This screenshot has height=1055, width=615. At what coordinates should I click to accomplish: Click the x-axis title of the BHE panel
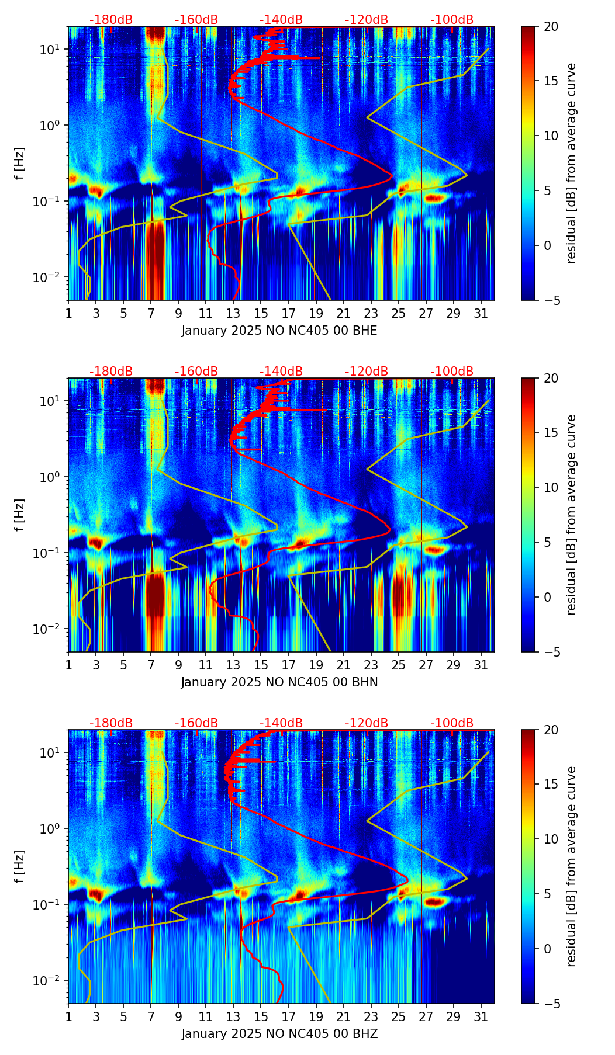279,331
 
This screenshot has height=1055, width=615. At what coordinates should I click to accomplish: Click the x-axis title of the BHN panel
279,682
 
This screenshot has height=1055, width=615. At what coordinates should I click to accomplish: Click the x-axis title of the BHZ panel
279,1034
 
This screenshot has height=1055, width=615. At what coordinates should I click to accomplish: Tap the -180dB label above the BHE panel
111,20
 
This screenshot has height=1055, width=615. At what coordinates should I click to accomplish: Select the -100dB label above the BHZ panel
452,723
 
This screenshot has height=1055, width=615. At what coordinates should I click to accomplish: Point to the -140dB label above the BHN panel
281,372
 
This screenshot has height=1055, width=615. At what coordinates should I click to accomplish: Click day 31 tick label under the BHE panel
481,313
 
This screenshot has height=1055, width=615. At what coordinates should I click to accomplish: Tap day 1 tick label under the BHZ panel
68,1016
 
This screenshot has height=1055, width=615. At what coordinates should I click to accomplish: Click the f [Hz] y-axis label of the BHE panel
20,164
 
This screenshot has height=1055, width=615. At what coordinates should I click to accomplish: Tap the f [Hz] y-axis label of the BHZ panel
20,867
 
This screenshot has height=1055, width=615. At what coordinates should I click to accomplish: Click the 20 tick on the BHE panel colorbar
551,26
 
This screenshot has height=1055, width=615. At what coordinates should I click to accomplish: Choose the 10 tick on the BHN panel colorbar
551,487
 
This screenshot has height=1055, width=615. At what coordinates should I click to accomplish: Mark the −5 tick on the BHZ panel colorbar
551,1004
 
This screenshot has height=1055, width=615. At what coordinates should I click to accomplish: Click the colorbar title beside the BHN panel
571,515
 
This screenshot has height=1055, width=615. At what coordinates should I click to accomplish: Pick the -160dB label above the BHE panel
196,20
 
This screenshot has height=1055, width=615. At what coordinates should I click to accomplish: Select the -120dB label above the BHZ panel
367,723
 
